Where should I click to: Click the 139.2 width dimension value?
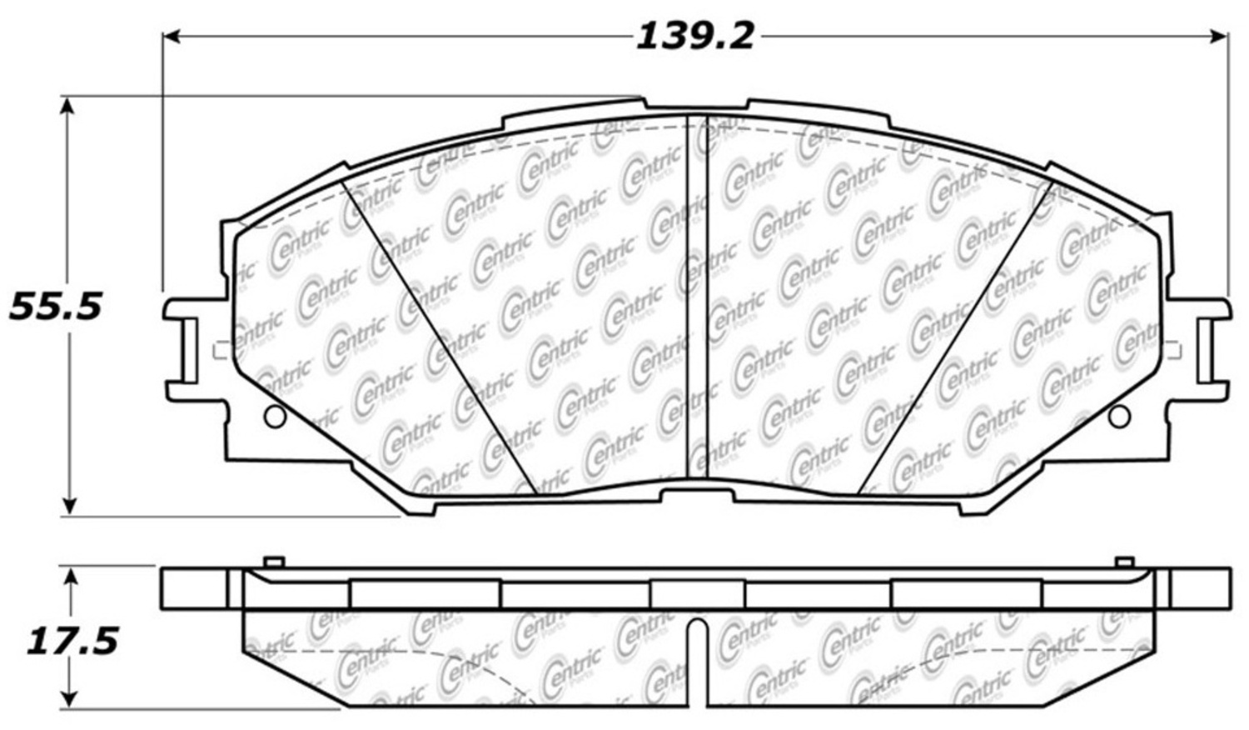695,37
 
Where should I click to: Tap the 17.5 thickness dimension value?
71,642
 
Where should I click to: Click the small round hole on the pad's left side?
272,415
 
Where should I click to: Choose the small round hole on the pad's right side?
1120,415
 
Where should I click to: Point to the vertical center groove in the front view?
696,300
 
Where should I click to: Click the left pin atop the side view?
274,562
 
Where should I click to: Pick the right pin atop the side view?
1123,562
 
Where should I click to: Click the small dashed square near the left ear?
221,350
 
